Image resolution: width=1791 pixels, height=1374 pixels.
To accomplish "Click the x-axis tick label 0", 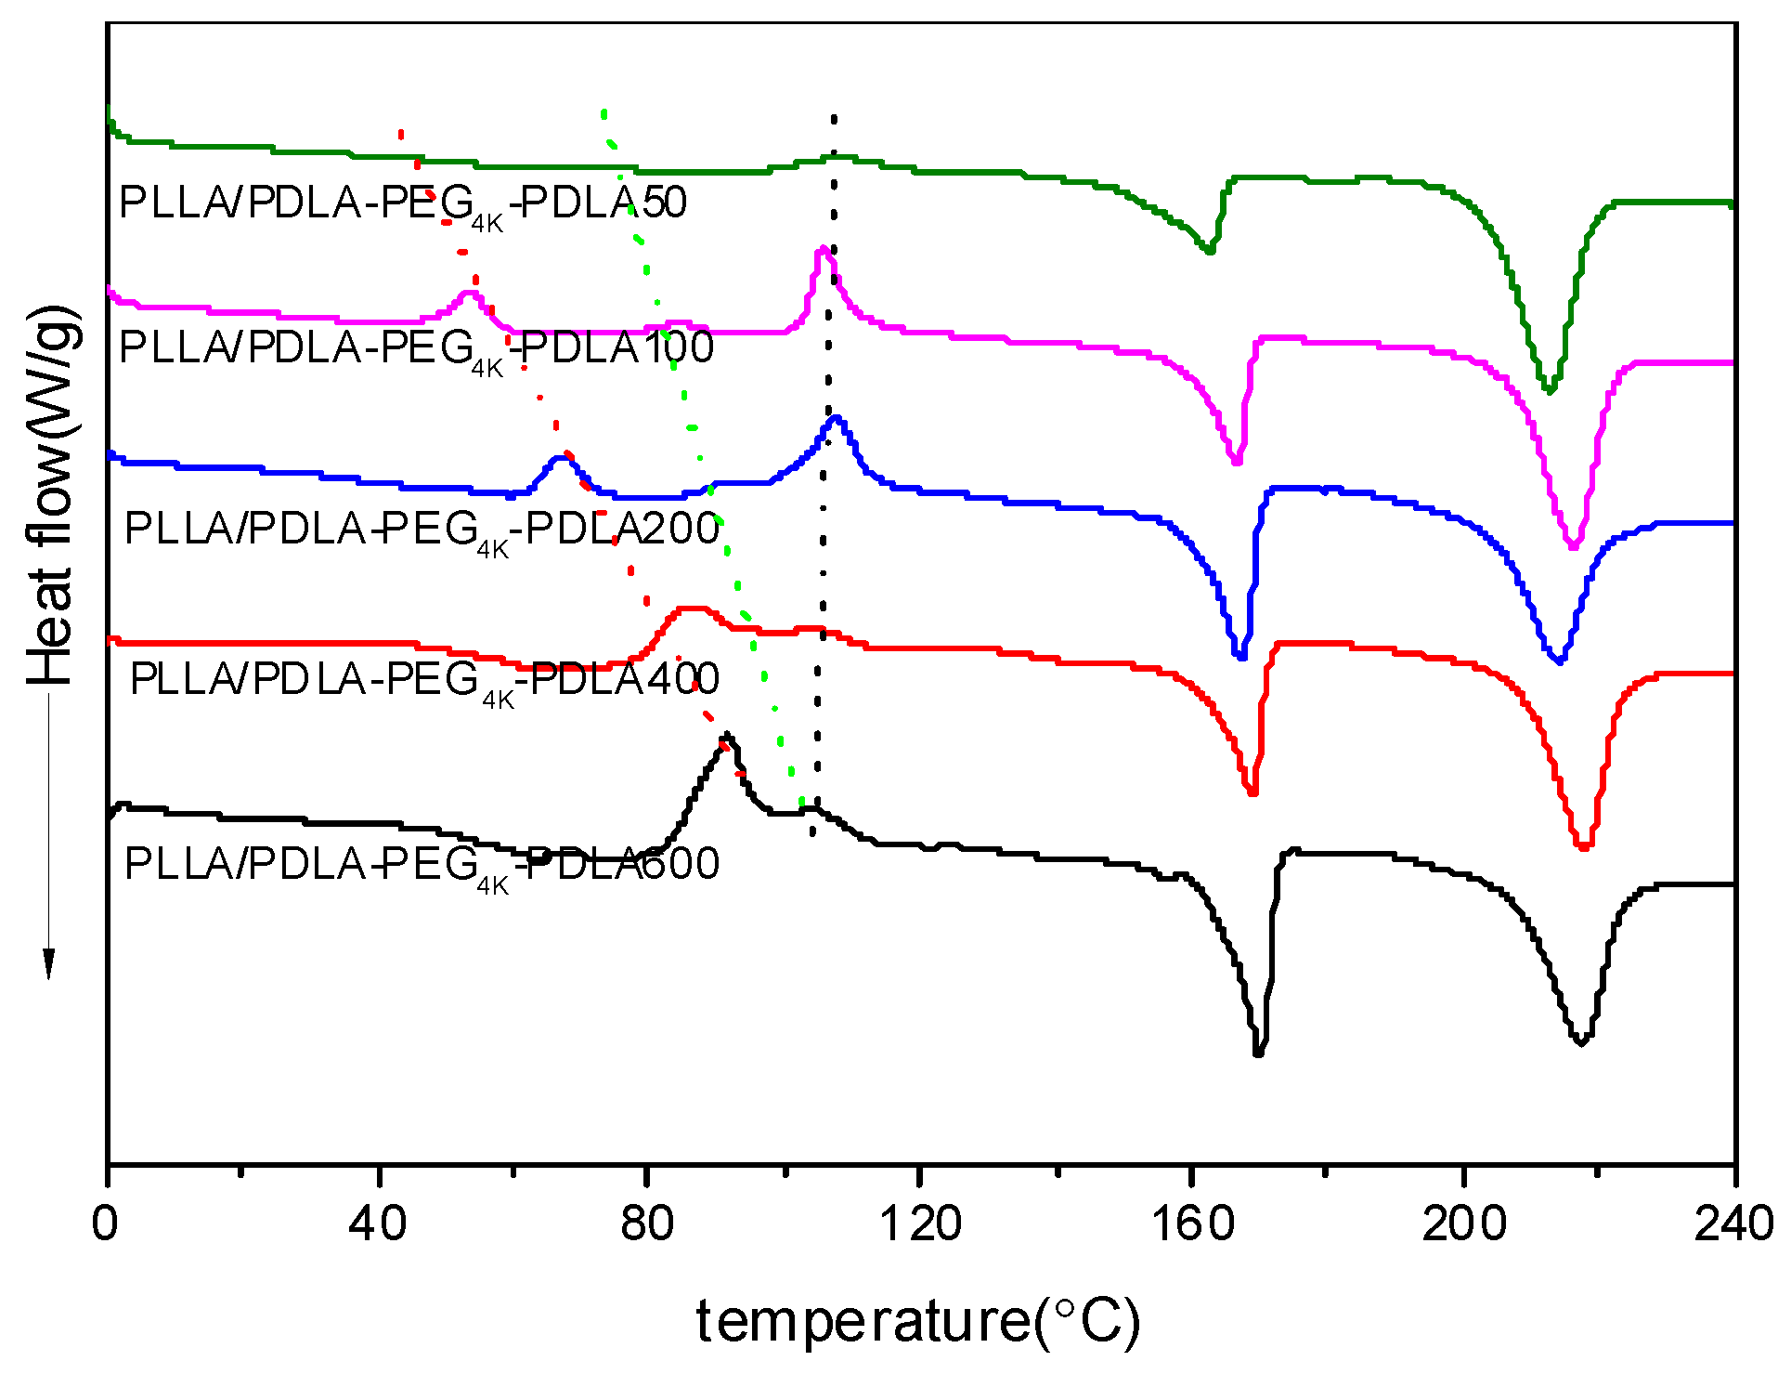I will coord(105,1224).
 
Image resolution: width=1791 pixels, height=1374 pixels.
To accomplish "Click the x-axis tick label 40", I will coord(378,1224).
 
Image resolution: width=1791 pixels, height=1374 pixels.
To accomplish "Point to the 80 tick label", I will coord(647,1224).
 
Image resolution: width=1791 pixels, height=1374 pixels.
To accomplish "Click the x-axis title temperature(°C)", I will coord(917,1320).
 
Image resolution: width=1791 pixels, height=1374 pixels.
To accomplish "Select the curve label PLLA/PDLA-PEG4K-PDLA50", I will coord(403,203).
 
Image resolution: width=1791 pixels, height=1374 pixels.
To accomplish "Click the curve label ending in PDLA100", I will coord(416,348).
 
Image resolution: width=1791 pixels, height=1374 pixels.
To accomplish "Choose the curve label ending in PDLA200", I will coord(422,530).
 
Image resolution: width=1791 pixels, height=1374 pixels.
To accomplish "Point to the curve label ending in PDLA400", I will coord(424,680).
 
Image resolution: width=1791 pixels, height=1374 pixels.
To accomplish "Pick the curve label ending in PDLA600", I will coord(422,865).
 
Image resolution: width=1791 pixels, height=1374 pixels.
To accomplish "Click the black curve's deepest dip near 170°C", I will coord(1258,1053).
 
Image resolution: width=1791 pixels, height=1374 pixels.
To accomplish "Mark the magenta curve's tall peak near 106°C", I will coord(823,250).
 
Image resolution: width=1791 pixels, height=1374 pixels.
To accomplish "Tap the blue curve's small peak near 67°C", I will coord(561,457).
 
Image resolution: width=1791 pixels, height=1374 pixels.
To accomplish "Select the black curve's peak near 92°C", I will coord(727,735).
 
